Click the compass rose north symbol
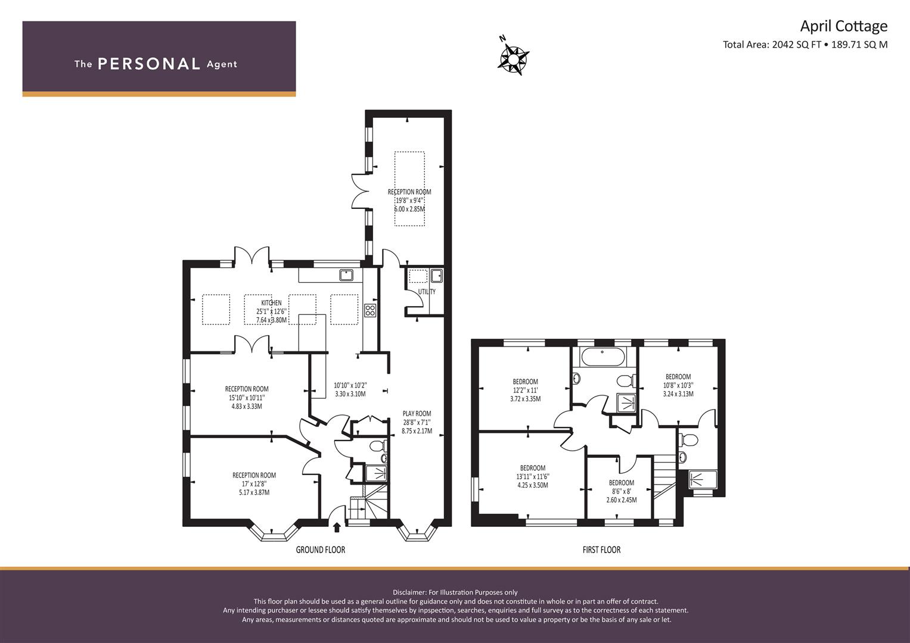pyautogui.click(x=513, y=58)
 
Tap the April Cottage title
pyautogui.click(x=843, y=26)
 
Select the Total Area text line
pyautogui.click(x=805, y=44)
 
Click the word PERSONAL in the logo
pyautogui.click(x=148, y=64)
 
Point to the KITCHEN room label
pyautogui.click(x=271, y=303)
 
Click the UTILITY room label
pyautogui.click(x=427, y=292)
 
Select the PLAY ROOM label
pyautogui.click(x=417, y=414)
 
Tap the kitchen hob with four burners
pyautogui.click(x=370, y=310)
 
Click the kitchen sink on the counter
pyautogui.click(x=346, y=275)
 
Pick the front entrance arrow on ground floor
pyautogui.click(x=337, y=527)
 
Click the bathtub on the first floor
pyautogui.click(x=602, y=358)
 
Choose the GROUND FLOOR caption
pyautogui.click(x=321, y=550)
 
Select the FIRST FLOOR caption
pyautogui.click(x=601, y=550)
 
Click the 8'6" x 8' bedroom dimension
pyautogui.click(x=622, y=492)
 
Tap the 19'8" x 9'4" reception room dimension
pyautogui.click(x=409, y=201)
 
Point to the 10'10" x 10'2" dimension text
pyautogui.click(x=350, y=386)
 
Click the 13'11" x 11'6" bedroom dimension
pyautogui.click(x=532, y=476)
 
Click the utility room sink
pyautogui.click(x=437, y=275)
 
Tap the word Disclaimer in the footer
pyautogui.click(x=410, y=592)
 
